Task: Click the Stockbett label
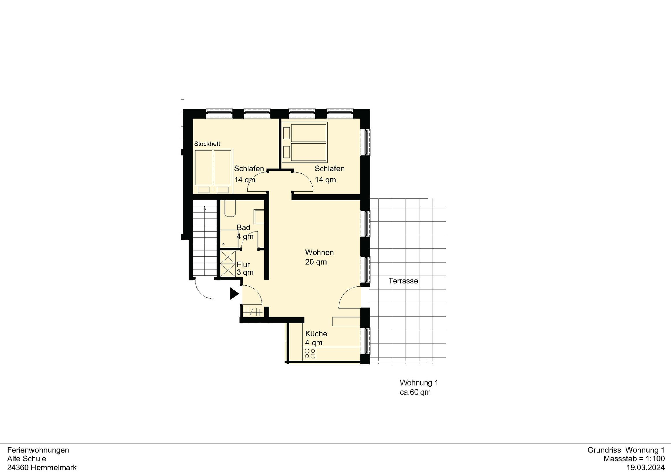point(207,144)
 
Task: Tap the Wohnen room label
point(319,252)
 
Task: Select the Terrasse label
point(403,281)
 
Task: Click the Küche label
point(316,333)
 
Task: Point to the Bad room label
point(244,227)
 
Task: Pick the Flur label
point(243,264)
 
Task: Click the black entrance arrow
point(234,294)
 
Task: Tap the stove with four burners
point(310,353)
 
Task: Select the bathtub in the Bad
point(230,208)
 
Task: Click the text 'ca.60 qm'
point(415,392)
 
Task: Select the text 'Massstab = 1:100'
point(634,459)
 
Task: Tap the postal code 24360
point(18,467)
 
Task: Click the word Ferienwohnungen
point(38,450)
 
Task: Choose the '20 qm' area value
point(316,262)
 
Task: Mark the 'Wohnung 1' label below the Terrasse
point(419,383)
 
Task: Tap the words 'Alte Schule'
point(27,459)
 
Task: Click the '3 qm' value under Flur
point(245,273)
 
